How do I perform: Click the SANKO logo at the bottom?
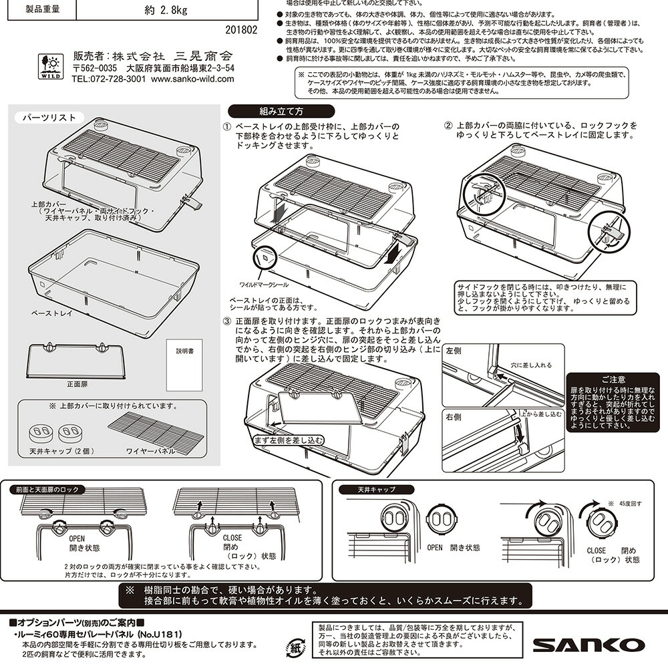(x=589, y=645)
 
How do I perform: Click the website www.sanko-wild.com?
(x=193, y=79)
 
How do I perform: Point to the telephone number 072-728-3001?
(x=109, y=79)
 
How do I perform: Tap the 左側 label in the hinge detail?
(x=454, y=351)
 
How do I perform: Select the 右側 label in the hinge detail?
(x=454, y=415)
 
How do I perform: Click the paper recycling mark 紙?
(x=295, y=646)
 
